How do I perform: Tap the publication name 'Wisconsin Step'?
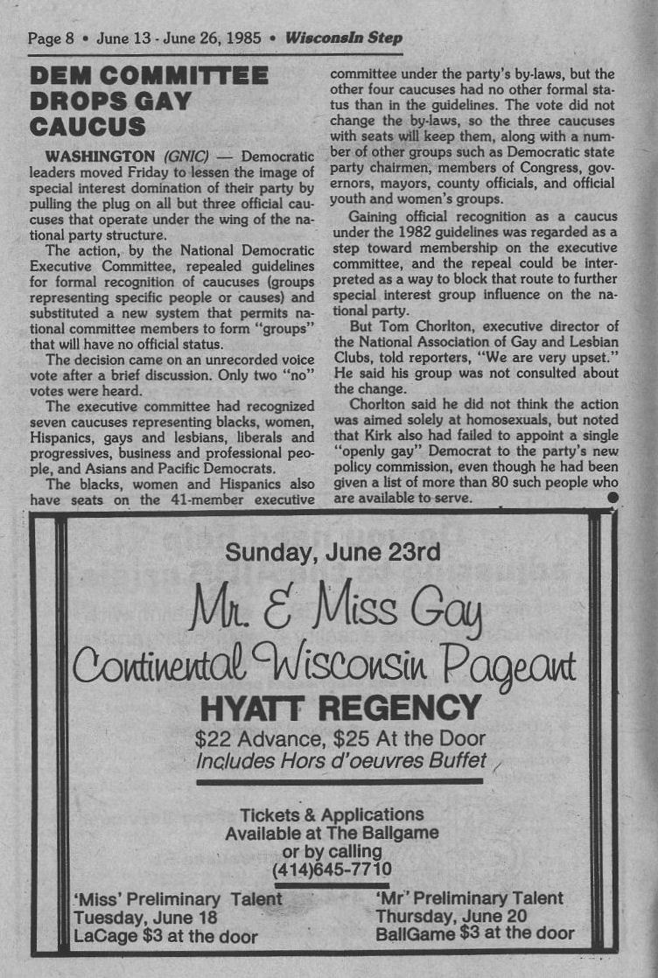[344, 38]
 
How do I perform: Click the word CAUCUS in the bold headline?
[87, 127]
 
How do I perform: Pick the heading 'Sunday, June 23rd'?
[332, 552]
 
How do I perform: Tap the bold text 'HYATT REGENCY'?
[340, 708]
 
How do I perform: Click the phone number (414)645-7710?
[332, 870]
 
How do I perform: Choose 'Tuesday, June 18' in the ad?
[144, 918]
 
